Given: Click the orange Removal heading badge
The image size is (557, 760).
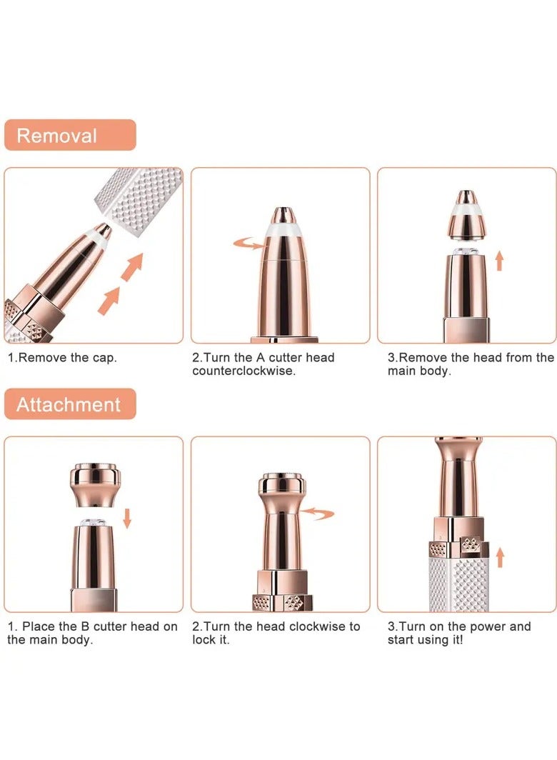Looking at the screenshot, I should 69,135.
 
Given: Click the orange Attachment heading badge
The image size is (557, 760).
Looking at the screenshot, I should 69,404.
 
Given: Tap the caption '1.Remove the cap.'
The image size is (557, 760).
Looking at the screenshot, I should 62,357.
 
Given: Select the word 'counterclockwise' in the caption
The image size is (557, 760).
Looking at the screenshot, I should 243,371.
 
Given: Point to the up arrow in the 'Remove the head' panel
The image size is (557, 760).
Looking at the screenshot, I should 499,259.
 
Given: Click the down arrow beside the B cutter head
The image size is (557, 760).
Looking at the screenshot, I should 127,518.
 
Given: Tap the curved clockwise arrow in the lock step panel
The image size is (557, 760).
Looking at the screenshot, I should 317,512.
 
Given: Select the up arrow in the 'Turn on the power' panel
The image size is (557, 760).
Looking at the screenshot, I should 499,557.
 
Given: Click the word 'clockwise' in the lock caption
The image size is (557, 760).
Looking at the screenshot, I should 318,626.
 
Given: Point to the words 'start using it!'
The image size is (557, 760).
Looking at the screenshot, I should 425,640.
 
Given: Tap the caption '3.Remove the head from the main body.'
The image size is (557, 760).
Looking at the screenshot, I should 470,364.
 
